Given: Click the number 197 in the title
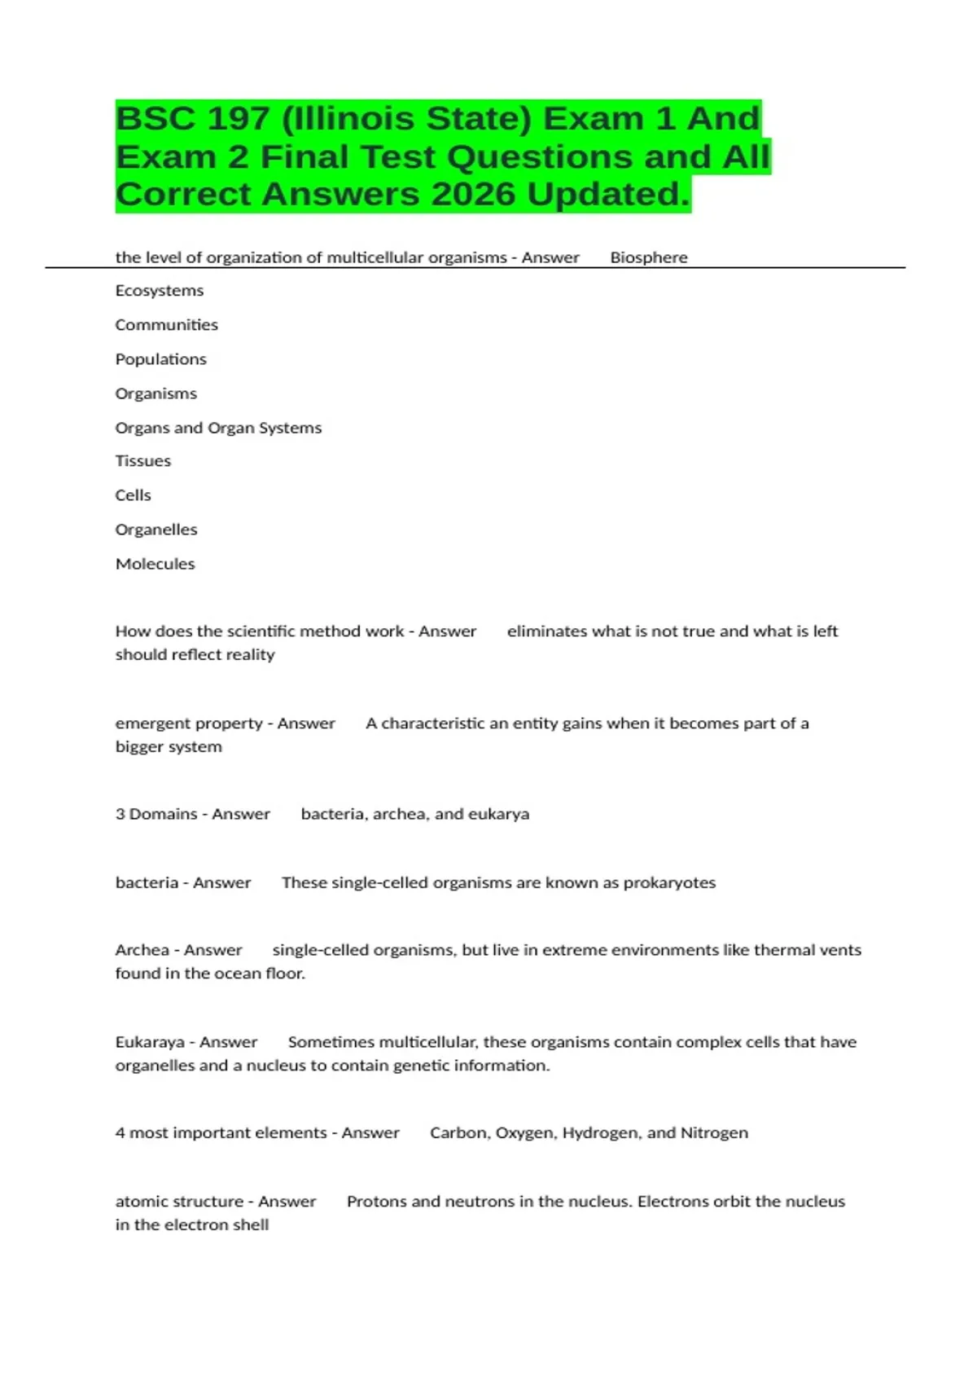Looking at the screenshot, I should tap(238, 119).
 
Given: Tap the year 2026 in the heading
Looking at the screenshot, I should tap(474, 195).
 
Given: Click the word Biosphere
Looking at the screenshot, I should tap(649, 257).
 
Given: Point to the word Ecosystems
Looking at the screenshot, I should tap(160, 291).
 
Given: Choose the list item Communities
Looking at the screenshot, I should tap(167, 325).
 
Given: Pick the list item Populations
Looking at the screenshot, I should tap(161, 359).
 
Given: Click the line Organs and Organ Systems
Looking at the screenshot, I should tap(218, 428).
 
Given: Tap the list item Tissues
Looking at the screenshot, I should tap(143, 461).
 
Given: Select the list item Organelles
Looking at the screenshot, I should tap(156, 530).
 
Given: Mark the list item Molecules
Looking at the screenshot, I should tap(156, 564).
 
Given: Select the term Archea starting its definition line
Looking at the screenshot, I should tap(142, 950).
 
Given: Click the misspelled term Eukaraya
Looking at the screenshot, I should tap(150, 1042).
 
